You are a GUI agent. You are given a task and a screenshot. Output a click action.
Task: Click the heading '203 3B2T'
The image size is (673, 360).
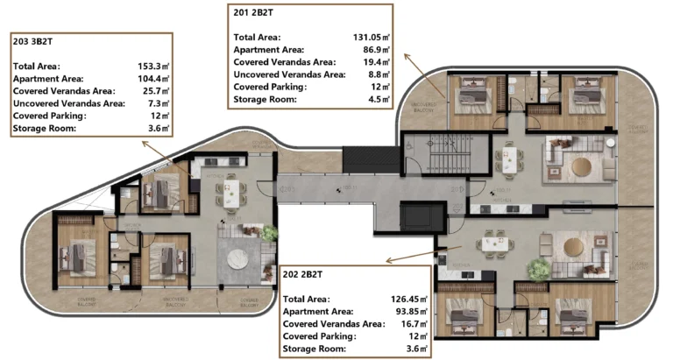(33, 40)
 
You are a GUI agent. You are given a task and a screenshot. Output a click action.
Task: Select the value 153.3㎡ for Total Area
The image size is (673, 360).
(154, 66)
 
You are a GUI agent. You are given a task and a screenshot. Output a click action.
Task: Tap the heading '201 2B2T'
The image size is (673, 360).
(255, 13)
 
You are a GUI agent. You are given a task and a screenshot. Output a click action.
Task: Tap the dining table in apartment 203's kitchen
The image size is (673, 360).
(231, 193)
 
